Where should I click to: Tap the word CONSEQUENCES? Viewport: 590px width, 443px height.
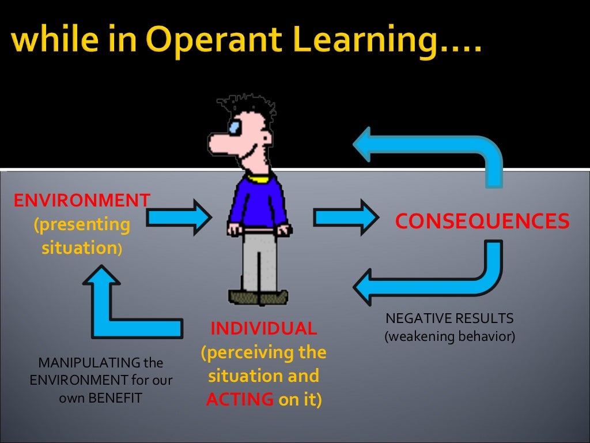point(482,220)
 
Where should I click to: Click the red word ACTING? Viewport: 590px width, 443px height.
point(240,399)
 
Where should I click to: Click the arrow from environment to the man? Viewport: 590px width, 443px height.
point(179,217)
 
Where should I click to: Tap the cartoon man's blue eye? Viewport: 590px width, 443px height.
point(235,127)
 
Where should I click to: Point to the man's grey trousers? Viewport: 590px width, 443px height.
point(258,262)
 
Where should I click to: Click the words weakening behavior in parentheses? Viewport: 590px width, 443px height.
point(449,336)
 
